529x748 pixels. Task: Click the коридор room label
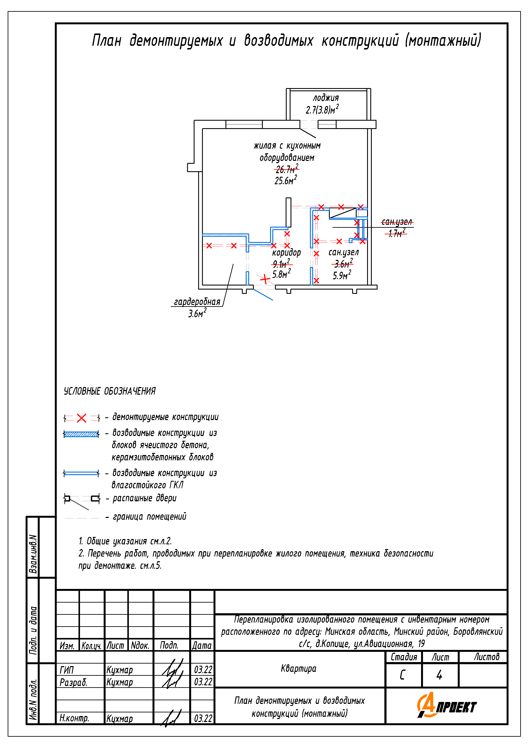coord(286,252)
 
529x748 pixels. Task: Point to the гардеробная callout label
coord(197,302)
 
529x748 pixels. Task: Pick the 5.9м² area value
coord(342,275)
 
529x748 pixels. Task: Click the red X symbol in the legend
coord(81,418)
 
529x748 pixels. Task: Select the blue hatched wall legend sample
coord(81,434)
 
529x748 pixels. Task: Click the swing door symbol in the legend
coord(81,499)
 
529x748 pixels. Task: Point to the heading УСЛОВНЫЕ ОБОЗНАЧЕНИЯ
coord(109,391)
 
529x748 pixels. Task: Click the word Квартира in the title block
coord(298,668)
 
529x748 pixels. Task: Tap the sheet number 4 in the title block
coord(439,675)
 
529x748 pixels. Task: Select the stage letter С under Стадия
coord(402,675)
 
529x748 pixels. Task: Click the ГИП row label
coord(67,670)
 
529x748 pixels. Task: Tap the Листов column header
coord(486,657)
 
